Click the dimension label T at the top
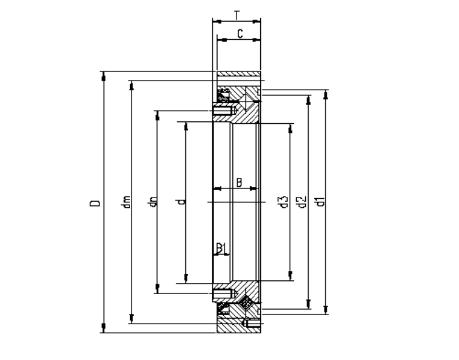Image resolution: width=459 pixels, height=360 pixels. [236, 13]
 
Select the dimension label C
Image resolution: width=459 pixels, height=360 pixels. [239, 33]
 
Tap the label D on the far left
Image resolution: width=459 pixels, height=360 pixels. [94, 203]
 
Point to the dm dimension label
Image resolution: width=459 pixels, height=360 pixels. [125, 203]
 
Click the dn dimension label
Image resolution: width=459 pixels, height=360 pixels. [152, 203]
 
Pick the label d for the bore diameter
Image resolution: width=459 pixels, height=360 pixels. [181, 203]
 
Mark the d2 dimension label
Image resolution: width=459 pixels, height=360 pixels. [302, 203]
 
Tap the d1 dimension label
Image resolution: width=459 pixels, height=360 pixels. [320, 203]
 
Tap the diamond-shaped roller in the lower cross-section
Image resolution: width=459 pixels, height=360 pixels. [246, 303]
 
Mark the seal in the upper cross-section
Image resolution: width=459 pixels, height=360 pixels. [225, 95]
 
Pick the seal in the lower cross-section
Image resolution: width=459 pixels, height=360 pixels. [225, 309]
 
